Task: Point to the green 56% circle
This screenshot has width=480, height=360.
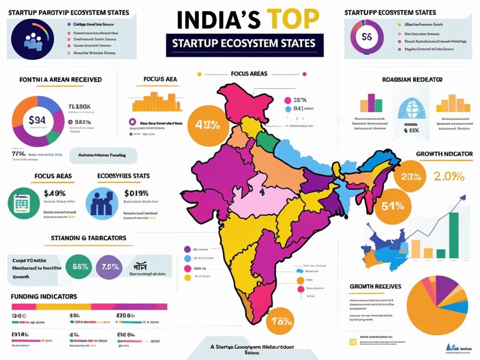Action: [82, 267]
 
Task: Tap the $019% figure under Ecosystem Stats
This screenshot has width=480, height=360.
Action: [136, 193]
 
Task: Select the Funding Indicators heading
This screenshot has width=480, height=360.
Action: [44, 296]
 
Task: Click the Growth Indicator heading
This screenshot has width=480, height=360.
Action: [444, 154]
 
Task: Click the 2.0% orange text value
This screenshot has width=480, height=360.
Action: [449, 177]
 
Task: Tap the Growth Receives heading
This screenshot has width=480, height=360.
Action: [375, 286]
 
